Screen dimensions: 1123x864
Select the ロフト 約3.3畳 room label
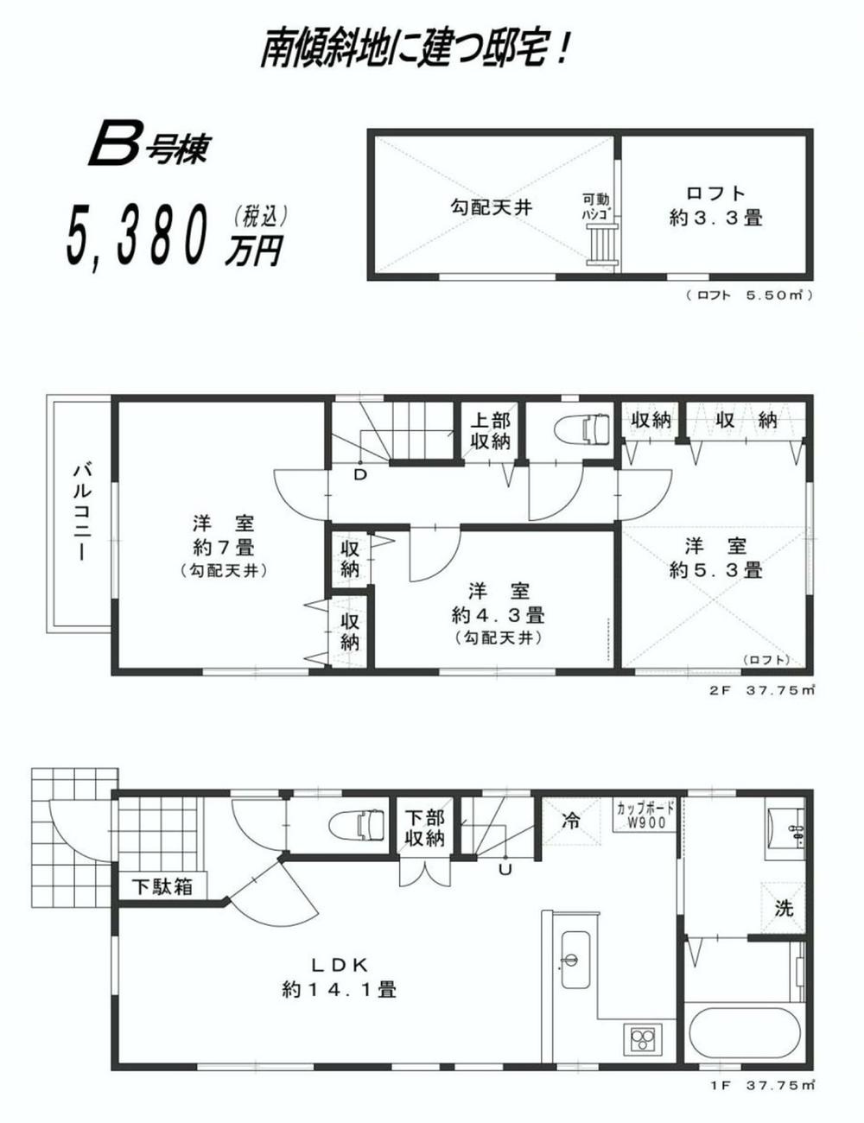pyautogui.click(x=716, y=205)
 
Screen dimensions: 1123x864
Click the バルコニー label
pyautogui.click(x=83, y=511)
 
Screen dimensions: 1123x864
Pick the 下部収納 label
pyautogui.click(x=425, y=828)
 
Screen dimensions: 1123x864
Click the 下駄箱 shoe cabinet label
pyautogui.click(x=162, y=886)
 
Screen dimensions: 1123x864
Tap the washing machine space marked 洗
pyautogui.click(x=783, y=908)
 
